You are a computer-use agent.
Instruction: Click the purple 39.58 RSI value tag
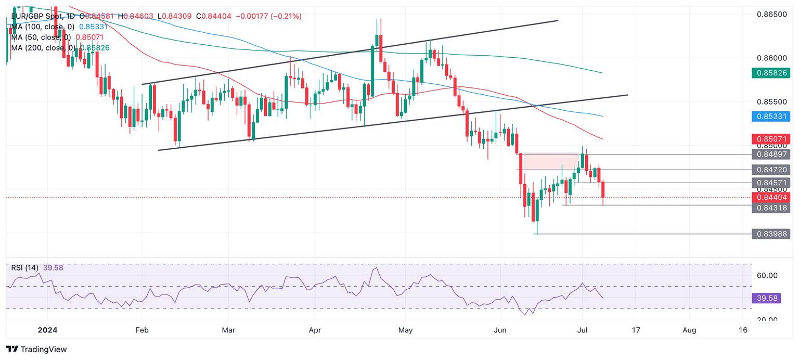point(766,298)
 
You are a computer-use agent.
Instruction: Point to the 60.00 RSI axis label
point(766,276)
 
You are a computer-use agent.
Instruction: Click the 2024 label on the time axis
point(47,330)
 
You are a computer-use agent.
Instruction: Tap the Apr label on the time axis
point(315,330)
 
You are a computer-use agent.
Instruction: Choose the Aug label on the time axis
point(689,330)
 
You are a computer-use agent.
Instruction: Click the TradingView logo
point(36,349)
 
